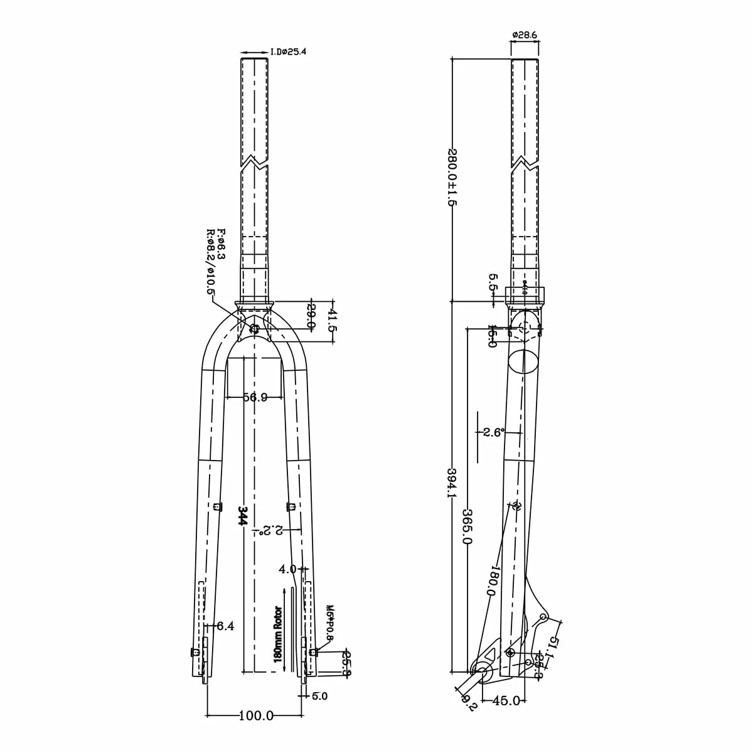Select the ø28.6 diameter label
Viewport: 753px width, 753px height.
click(x=525, y=35)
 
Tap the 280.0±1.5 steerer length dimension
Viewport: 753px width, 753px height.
click(x=451, y=178)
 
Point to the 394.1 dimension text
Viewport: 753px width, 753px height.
click(x=451, y=483)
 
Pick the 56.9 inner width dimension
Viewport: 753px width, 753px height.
click(x=255, y=397)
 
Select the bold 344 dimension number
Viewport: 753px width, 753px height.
click(x=243, y=516)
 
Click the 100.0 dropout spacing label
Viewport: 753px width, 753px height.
click(x=255, y=715)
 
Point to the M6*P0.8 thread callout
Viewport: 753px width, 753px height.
click(x=330, y=622)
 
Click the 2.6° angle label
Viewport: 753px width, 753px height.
click(x=494, y=432)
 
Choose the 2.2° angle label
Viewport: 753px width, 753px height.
click(x=270, y=531)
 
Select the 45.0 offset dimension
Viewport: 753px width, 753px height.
click(x=506, y=700)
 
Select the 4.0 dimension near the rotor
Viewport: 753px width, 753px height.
click(x=287, y=569)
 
